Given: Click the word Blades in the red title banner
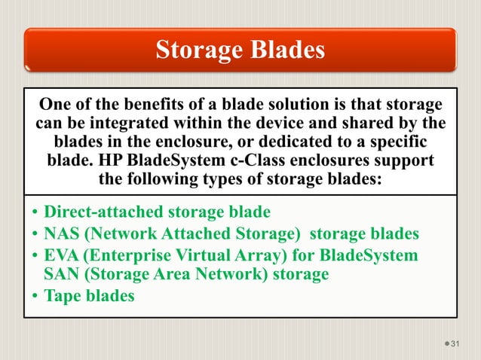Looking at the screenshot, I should pyautogui.click(x=282, y=50).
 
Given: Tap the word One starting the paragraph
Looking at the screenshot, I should pyautogui.click(x=55, y=104).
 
